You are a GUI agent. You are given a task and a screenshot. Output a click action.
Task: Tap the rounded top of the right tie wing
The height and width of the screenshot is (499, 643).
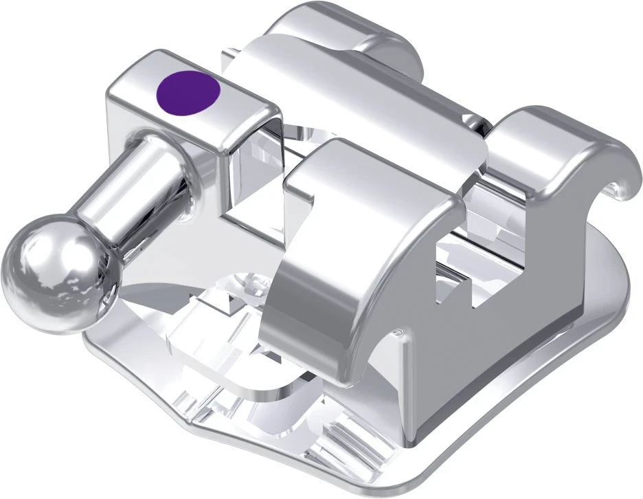coord(550,127)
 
